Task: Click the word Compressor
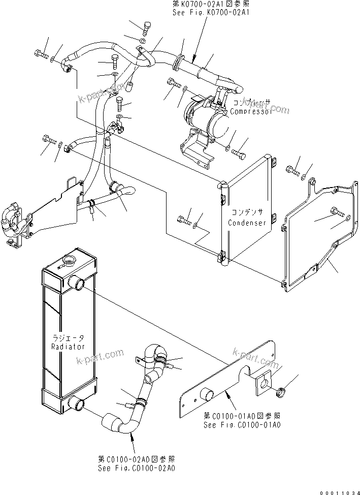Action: coord(251,111)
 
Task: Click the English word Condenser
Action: coord(247,223)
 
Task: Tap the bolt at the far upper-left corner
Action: coord(41,54)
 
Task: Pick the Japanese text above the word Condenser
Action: coord(247,213)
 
